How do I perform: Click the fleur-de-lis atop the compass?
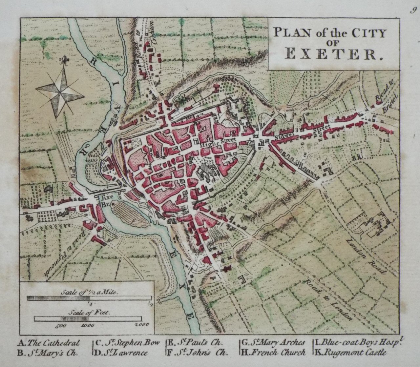(62, 61)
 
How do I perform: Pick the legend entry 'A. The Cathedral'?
(49, 343)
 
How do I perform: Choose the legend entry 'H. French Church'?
(274, 353)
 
